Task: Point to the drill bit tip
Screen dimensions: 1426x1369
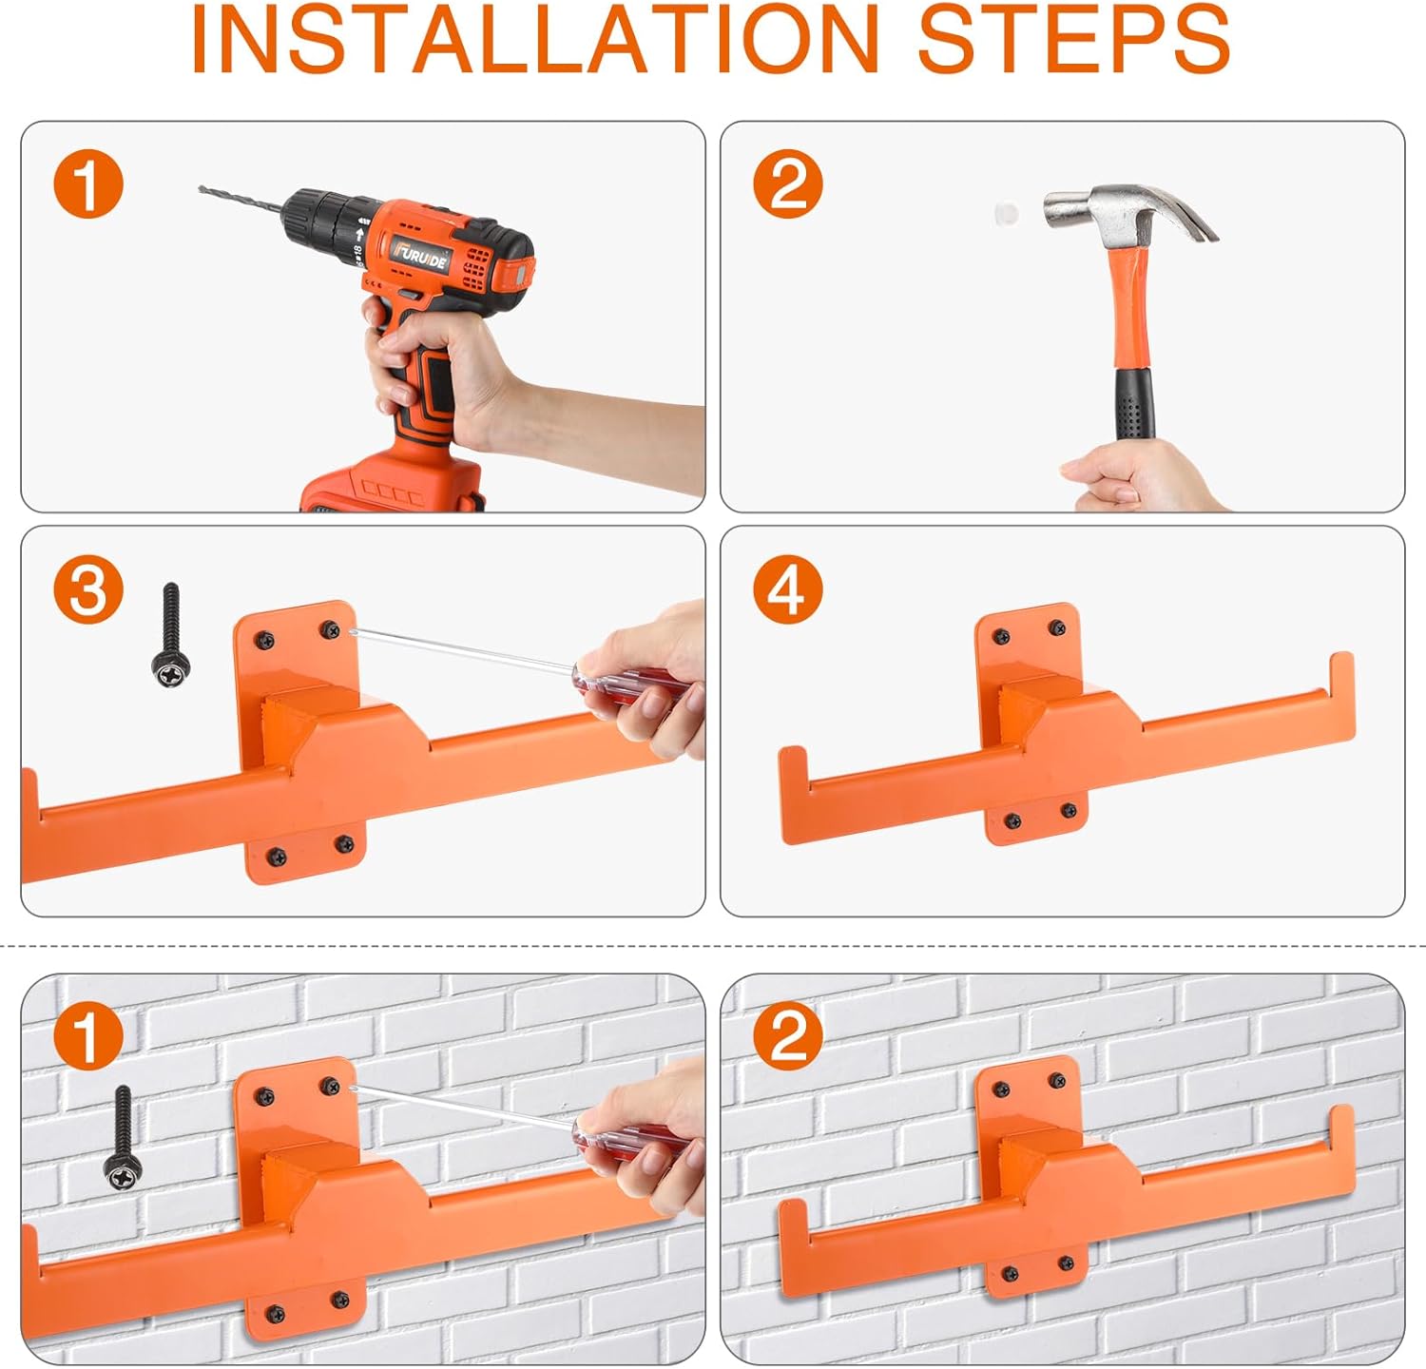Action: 201,189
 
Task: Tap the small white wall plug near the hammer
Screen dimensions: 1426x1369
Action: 1006,211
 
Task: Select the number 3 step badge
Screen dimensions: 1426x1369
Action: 88,589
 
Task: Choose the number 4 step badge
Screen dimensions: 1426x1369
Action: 788,589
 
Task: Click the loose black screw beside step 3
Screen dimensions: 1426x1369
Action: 171,636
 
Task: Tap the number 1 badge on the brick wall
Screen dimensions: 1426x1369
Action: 88,1037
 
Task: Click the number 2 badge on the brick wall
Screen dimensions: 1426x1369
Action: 788,1037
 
